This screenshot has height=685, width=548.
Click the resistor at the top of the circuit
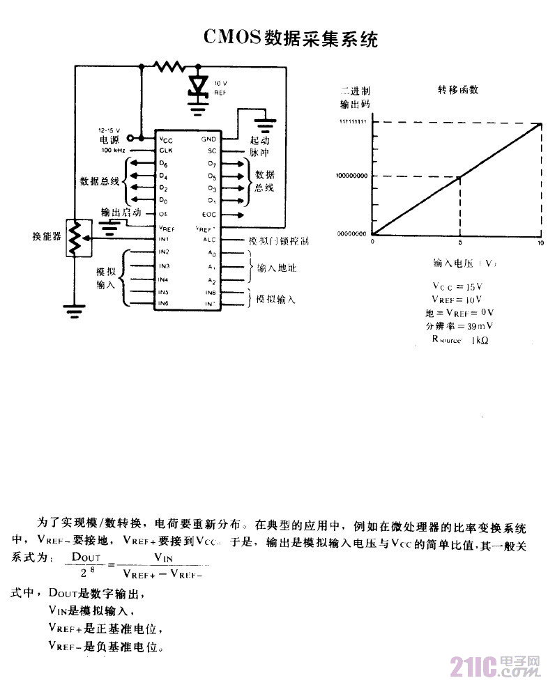169,67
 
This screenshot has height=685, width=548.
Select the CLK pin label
165,150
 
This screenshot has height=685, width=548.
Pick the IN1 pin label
164,240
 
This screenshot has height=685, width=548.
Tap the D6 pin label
163,164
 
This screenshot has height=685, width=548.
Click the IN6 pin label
164,304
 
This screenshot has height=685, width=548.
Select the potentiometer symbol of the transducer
74,239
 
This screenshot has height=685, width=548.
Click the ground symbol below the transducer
74,310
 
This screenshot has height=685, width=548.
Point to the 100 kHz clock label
114,150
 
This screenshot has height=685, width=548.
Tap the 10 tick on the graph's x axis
540,241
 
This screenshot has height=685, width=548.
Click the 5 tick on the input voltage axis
459,241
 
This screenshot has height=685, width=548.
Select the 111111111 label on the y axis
353,123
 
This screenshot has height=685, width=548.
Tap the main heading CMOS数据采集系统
291,38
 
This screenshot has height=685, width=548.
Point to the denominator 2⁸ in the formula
87,573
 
